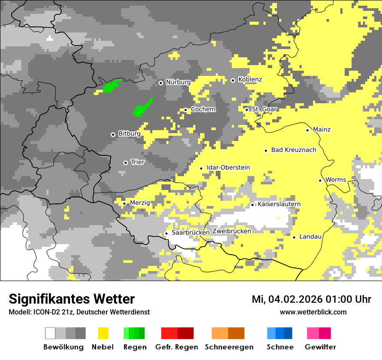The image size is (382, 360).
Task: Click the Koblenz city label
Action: coord(250,80)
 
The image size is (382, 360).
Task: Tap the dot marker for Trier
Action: coord(125,163)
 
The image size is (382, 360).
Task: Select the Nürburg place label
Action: coord(178,82)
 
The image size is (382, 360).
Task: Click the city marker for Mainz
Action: coord(307,130)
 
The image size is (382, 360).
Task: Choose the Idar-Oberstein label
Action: coord(228,168)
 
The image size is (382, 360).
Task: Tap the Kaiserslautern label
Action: coord(279,204)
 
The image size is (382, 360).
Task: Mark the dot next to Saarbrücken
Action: coord(166,233)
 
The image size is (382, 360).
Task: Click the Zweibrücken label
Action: coord(231,231)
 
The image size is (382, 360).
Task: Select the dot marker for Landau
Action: coord(294,237)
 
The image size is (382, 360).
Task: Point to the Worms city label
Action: coord(336,180)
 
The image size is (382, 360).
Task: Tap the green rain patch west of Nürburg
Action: coord(112,85)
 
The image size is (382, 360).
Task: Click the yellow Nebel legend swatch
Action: coord(103,333)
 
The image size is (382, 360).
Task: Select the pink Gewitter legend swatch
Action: coord(319,333)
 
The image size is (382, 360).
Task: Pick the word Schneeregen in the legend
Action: coord(229,347)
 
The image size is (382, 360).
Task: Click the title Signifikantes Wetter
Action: coord(72,299)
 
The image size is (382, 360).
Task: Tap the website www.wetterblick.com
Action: coord(313,312)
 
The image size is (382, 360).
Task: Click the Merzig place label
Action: coord(140,203)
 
